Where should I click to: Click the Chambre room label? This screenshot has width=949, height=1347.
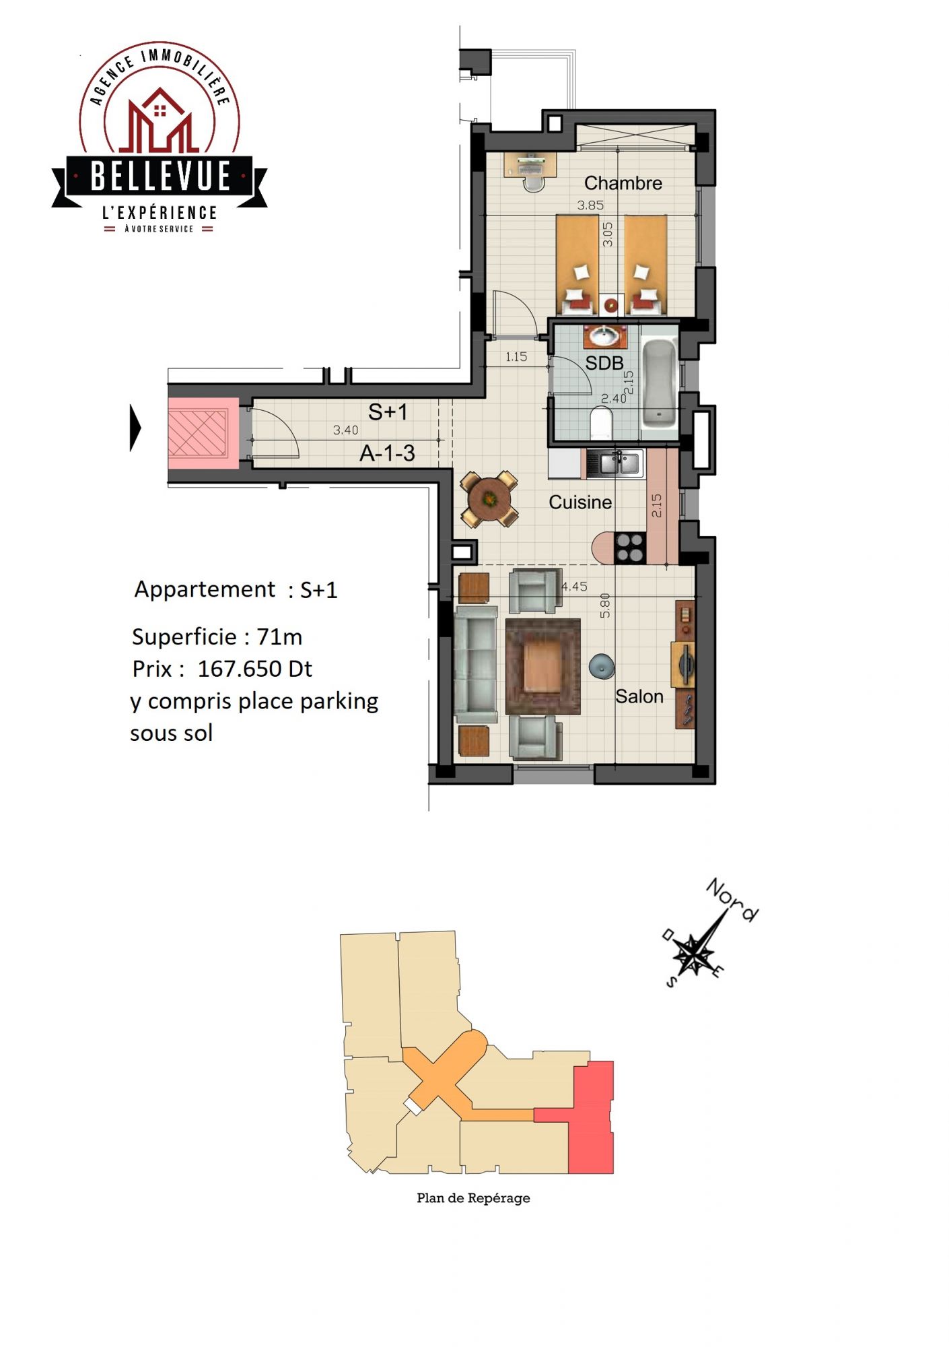pos(623,183)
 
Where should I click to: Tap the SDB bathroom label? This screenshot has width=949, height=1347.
pos(604,363)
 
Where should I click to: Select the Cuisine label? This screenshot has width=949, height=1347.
pos(579,502)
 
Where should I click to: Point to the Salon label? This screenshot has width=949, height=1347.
pos(639,696)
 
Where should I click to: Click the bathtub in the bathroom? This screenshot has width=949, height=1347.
pos(659,383)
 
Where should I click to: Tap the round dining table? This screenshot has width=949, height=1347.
pos(489,499)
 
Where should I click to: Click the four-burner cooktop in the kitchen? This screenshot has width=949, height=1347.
pos(631,548)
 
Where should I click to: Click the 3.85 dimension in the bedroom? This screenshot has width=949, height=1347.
pos(590,205)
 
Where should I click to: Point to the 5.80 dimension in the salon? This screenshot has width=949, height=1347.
pos(605,605)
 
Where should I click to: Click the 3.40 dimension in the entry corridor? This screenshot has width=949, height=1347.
pos(345,430)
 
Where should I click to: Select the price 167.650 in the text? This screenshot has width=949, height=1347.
pos(240,669)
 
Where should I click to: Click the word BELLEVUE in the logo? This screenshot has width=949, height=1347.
pos(160,176)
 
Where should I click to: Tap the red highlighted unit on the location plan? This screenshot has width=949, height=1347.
pos(591,1118)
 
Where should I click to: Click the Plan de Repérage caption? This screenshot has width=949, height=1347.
pos(473,1198)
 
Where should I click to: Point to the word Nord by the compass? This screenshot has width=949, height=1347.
pos(732,900)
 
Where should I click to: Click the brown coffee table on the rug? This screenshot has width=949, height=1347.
pos(542,666)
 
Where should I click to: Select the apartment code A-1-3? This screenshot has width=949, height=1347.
pos(387,454)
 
